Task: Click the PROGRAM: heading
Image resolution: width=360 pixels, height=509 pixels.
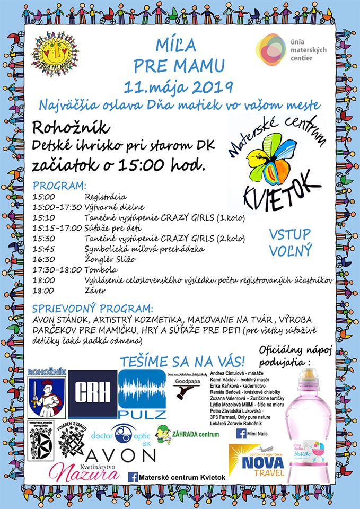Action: pyautogui.click(x=59, y=186)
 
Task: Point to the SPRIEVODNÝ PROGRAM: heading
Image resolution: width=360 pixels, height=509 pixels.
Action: pyautogui.click(x=93, y=308)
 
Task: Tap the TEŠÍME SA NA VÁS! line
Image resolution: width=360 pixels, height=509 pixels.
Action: pyautogui.click(x=182, y=362)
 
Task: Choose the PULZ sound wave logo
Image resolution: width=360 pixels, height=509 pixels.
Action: pyautogui.click(x=142, y=394)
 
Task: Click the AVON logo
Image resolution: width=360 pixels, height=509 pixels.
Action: pyautogui.click(x=120, y=455)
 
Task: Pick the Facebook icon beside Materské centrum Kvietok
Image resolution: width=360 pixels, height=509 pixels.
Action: pyautogui.click(x=133, y=477)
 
